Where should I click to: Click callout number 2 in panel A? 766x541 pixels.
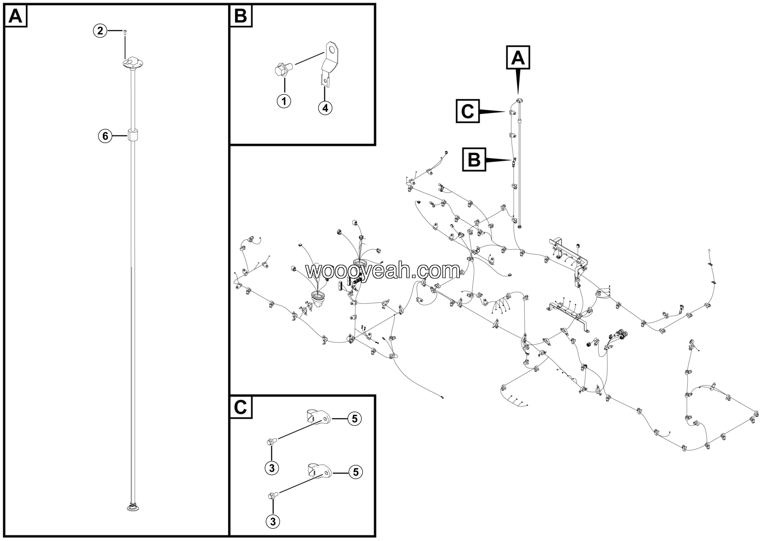pos(100,31)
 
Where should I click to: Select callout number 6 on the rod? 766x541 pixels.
pos(105,136)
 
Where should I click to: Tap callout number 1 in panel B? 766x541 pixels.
pos(284,101)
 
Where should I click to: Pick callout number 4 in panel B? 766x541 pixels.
pos(325,108)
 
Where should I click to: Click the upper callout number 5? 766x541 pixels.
pos(355,418)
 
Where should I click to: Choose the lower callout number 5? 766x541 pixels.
pos(356,472)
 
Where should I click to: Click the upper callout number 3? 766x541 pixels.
pos(272,468)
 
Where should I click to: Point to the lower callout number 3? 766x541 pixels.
pos(273,521)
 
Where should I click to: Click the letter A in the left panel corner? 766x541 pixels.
pos(15,16)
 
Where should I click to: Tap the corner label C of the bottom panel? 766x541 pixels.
pos(241,407)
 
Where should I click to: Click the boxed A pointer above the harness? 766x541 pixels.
pos(518,57)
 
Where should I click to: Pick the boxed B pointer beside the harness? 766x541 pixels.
pos(474,159)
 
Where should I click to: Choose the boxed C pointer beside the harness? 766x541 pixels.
pos(468,111)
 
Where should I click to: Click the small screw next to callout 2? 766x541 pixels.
pos(125,32)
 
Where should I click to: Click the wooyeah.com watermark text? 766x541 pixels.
pos(383,271)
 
